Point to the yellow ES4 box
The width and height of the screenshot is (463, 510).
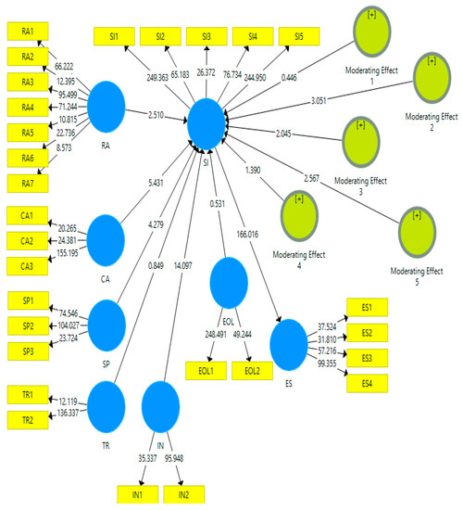pos(367,384)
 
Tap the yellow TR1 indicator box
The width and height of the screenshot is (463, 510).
pos(27,395)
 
